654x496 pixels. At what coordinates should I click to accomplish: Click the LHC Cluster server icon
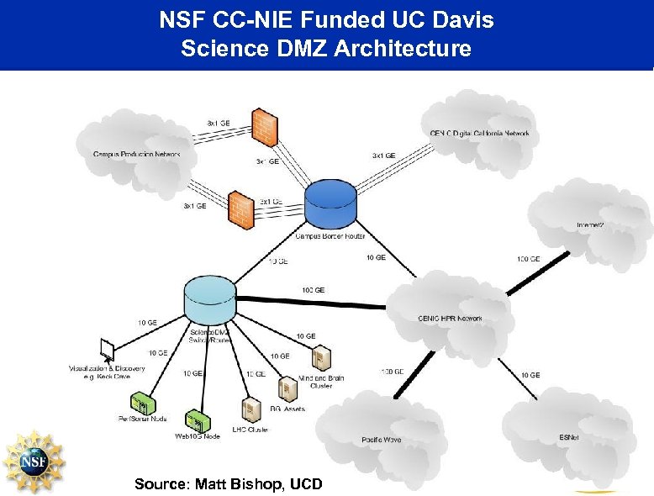click(250, 409)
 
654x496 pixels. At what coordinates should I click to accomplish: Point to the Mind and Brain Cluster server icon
click(319, 359)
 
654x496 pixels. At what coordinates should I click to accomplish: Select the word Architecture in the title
click(402, 49)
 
